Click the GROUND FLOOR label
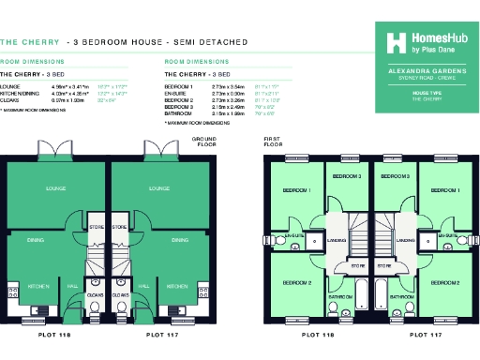click(203, 141)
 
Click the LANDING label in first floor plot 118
click(336, 240)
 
